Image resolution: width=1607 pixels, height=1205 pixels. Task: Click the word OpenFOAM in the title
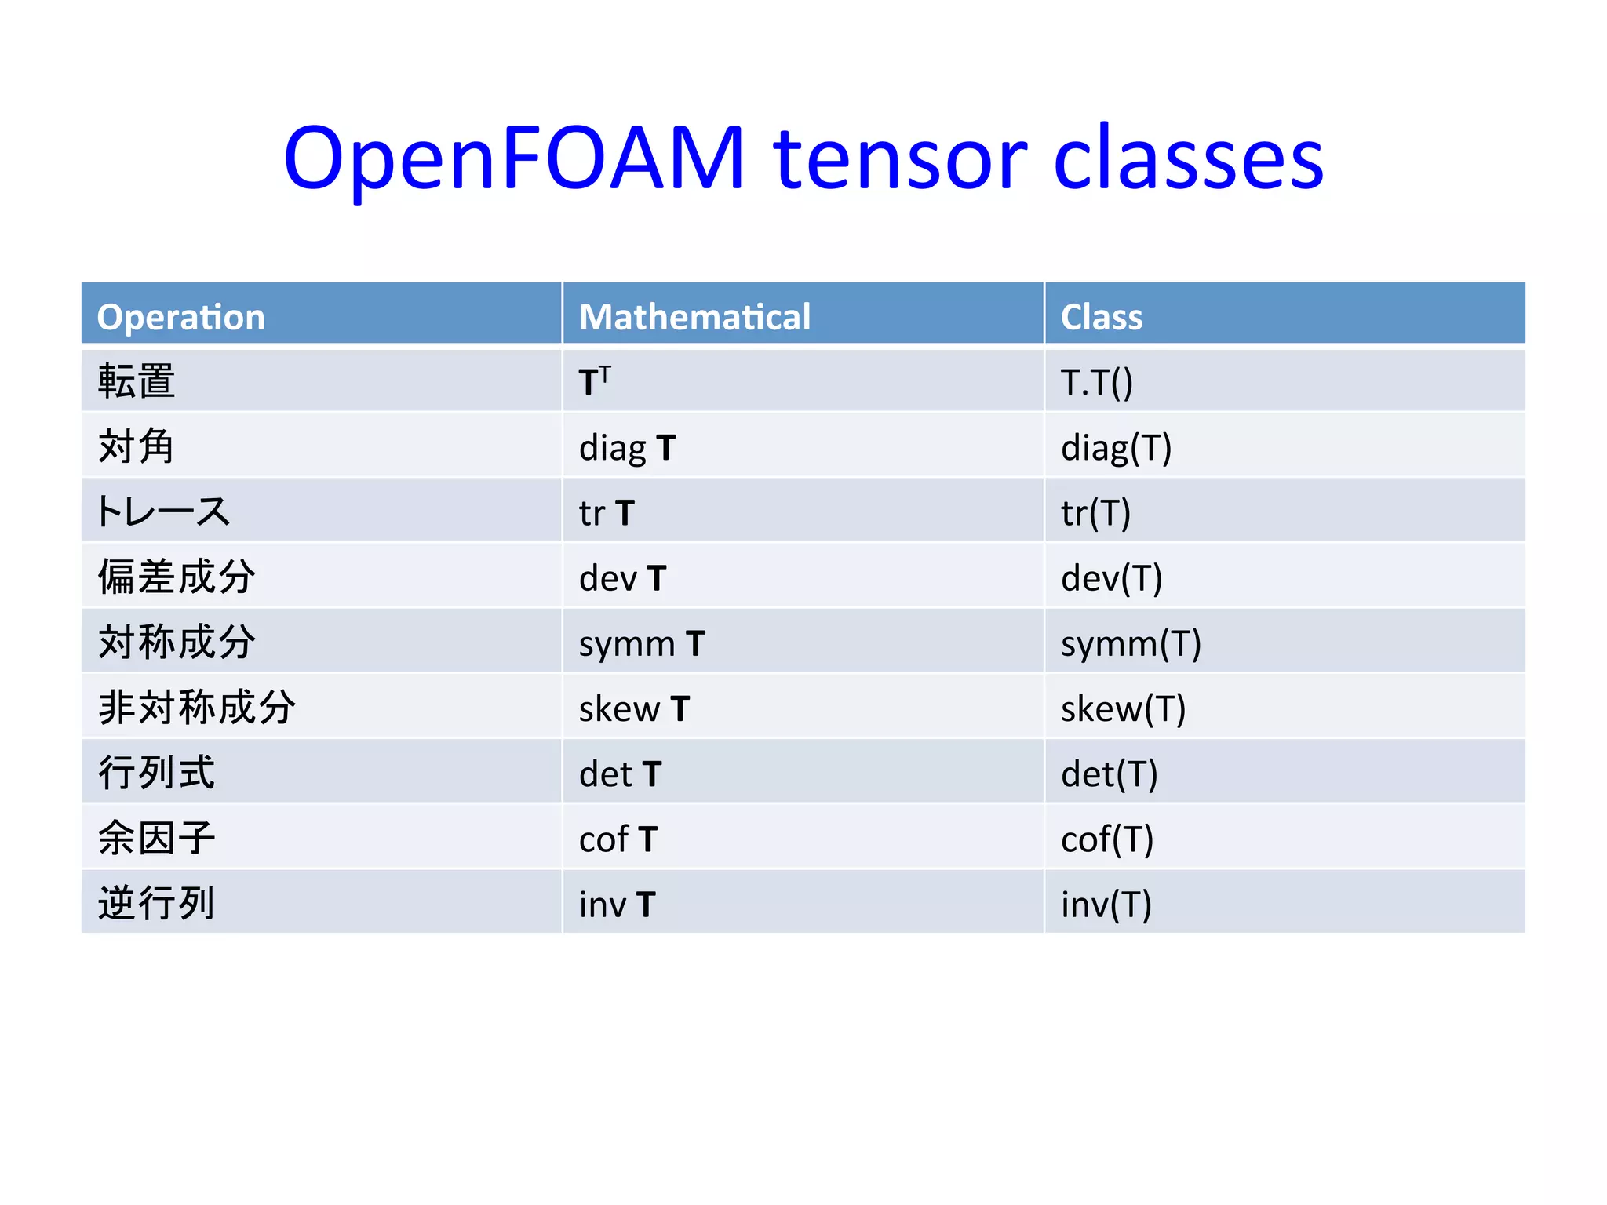point(514,159)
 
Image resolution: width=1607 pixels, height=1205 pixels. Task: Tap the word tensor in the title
point(900,159)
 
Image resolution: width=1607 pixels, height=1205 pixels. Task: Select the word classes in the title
point(1189,159)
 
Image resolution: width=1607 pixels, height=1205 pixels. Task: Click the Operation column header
point(180,317)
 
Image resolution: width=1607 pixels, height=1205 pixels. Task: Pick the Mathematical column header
point(694,317)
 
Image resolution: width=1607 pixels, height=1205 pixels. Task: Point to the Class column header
point(1101,317)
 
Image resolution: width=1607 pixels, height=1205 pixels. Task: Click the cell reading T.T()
point(1096,382)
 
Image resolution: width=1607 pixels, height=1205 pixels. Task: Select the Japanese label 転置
point(137,381)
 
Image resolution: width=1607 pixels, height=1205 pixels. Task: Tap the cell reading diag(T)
point(1116,448)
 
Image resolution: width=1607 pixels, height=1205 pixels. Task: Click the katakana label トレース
point(162,511)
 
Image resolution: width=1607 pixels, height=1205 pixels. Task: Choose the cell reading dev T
point(622,578)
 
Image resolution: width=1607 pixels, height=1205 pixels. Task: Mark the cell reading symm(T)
point(1131,644)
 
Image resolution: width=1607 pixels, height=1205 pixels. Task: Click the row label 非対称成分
point(196,708)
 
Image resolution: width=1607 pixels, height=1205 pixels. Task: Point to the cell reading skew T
point(634,709)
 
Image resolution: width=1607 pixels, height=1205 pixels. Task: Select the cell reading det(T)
point(1109,774)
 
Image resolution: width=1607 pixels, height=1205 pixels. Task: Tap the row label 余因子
point(156,838)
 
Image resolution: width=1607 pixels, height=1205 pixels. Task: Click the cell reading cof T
point(618,839)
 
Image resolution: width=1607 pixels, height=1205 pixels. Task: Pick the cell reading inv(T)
point(1106,905)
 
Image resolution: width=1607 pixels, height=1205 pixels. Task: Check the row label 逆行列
point(156,903)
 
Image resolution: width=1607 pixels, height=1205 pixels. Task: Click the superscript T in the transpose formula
point(605,373)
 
